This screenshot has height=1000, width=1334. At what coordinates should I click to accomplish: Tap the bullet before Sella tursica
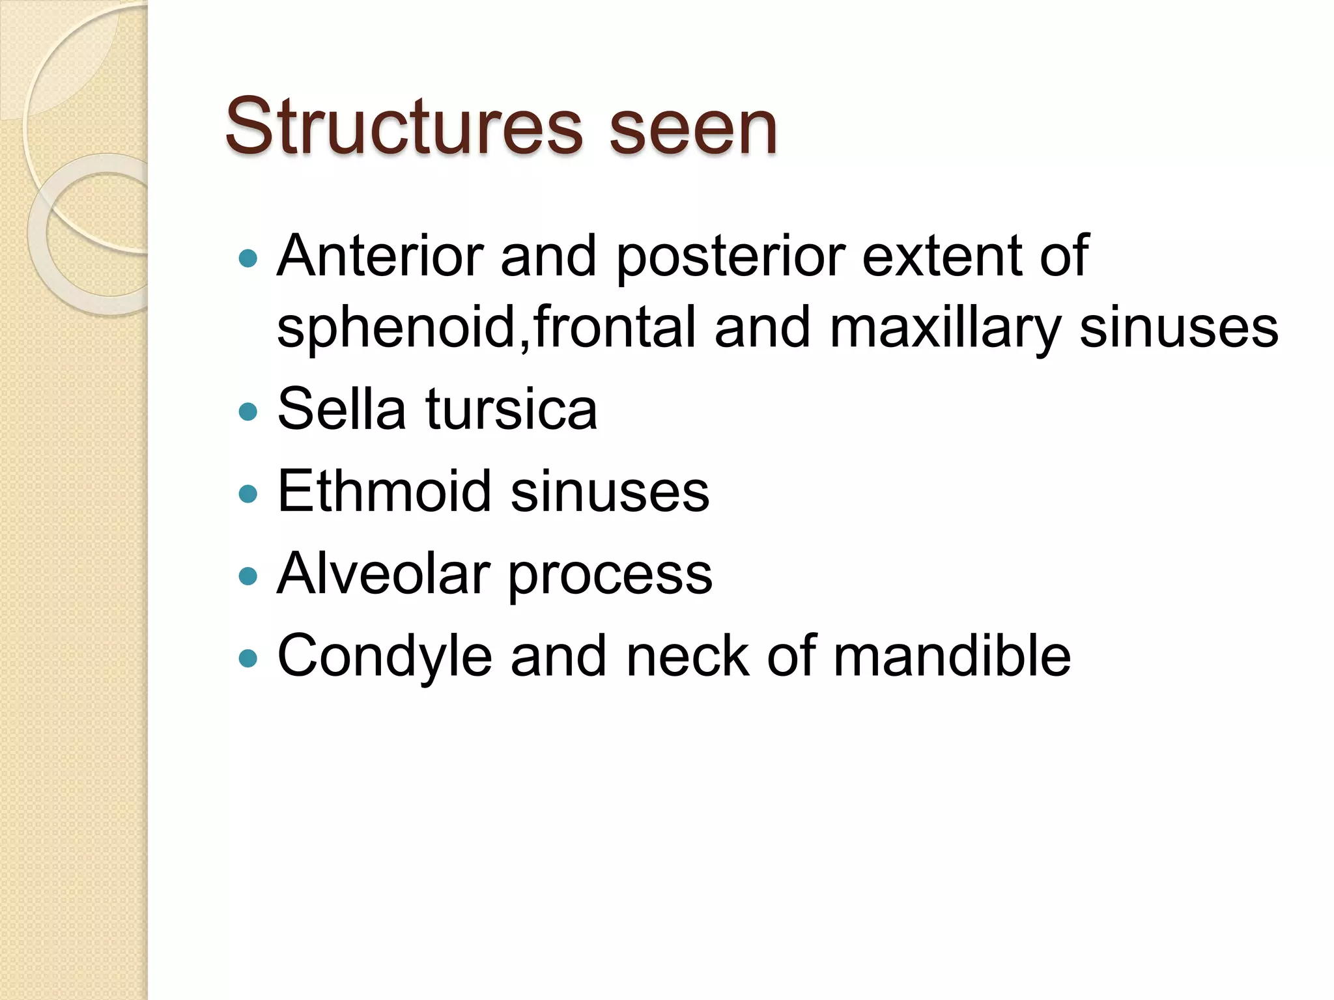[248, 411]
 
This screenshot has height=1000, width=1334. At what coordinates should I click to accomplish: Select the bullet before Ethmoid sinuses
[248, 493]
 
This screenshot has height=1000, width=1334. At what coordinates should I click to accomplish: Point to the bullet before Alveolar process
[248, 576]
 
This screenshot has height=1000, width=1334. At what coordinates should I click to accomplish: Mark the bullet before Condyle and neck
[248, 658]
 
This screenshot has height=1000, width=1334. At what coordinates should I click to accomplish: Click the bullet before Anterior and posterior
[248, 259]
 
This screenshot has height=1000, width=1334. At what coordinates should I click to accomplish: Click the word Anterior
[380, 255]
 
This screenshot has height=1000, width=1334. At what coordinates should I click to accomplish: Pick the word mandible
[952, 655]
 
